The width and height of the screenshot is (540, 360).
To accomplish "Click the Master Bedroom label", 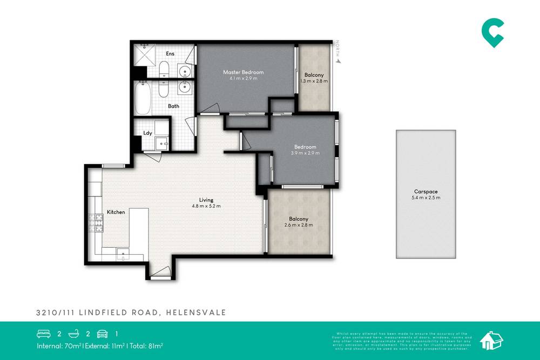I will (244, 72).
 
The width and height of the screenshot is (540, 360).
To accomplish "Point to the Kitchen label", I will (116, 212).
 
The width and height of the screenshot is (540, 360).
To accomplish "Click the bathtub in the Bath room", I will (143, 98).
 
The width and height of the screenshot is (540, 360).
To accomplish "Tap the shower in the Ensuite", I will (145, 55).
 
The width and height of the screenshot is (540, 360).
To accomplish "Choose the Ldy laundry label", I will (147, 133).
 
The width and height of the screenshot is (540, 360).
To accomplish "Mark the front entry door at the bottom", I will (160, 275).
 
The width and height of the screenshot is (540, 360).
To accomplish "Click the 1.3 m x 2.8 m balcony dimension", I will (314, 81).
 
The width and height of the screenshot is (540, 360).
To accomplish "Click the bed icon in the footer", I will (43, 334).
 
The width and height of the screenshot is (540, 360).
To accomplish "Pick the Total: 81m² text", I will (146, 345).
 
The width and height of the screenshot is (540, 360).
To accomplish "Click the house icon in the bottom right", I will (491, 339).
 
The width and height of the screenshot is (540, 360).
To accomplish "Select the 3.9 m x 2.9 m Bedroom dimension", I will (305, 153).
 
